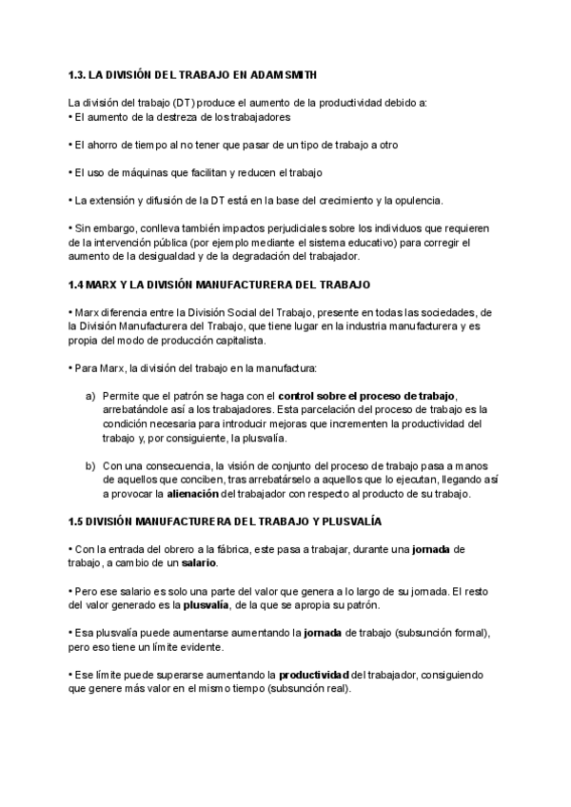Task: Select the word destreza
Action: (165, 116)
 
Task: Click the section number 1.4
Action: (78, 285)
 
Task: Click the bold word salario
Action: (199, 563)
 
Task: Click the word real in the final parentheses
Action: (335, 689)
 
